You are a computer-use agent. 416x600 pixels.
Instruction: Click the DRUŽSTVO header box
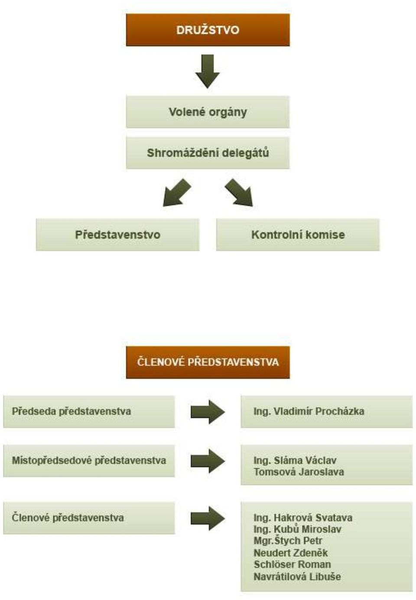coord(208,30)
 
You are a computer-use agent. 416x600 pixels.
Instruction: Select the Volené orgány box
coord(208,112)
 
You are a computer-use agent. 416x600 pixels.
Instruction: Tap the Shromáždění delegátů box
coord(208,153)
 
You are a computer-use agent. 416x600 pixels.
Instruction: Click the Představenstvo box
coord(118,235)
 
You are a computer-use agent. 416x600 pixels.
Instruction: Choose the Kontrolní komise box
coord(298,235)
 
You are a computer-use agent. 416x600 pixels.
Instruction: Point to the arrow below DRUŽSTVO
coord(207,71)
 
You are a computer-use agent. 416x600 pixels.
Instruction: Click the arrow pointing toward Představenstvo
coord(177,193)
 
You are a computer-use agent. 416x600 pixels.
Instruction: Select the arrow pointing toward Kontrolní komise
coord(239,193)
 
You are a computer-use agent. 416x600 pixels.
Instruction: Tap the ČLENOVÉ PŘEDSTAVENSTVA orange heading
coord(208,362)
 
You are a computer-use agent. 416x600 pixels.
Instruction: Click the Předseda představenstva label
coord(71,411)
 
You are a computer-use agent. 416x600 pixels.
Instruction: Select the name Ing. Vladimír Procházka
coord(309,411)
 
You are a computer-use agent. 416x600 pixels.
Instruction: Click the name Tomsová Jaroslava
coord(299,472)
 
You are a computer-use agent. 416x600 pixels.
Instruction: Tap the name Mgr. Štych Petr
coord(288,541)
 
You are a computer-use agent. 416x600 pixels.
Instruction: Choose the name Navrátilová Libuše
coord(297,577)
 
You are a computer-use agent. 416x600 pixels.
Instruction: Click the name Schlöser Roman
coord(292,565)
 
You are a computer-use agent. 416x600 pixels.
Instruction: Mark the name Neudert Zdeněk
coord(291,552)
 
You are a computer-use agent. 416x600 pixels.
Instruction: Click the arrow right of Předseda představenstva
coord(208,412)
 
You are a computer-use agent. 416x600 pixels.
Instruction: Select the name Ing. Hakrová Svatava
coord(303,518)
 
